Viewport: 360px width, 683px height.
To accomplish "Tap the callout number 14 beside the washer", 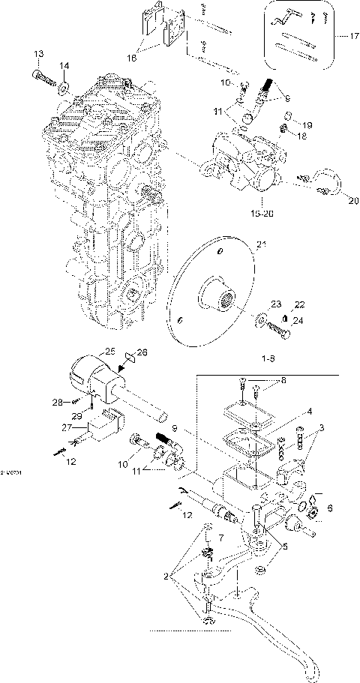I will coord(64,66).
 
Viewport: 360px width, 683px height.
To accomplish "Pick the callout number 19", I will coord(297,124).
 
